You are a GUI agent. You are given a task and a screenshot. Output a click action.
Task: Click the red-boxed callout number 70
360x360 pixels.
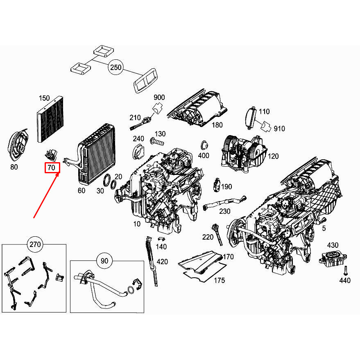coord(52,168)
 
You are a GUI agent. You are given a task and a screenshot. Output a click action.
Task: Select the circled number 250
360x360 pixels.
coord(116,68)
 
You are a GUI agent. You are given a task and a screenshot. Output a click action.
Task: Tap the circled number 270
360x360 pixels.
coord(34,245)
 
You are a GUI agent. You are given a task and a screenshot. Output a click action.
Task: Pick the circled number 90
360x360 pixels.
coord(104,260)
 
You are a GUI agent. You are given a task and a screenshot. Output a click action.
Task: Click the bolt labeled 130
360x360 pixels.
coord(156,142)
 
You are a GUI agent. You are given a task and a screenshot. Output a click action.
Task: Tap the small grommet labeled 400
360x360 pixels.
coord(203,146)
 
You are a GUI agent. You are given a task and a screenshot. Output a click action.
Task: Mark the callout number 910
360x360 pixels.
coord(279,129)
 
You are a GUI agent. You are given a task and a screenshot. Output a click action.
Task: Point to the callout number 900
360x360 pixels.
coord(159,97)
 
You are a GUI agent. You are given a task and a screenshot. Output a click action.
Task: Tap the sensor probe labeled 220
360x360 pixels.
coord(217,234)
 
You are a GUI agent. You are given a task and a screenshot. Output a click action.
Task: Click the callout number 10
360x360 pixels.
coord(136,224)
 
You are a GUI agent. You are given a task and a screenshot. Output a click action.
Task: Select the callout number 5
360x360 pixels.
coord(324,229)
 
